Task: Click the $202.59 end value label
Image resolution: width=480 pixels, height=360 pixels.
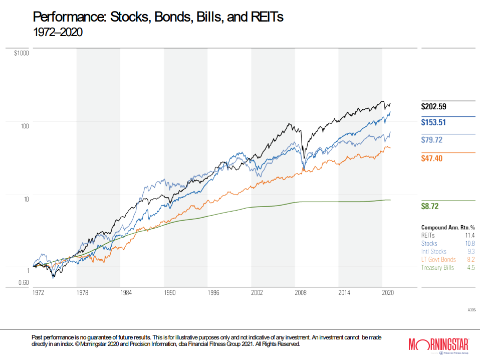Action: pos(433,106)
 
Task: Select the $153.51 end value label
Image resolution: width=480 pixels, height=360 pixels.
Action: pos(433,123)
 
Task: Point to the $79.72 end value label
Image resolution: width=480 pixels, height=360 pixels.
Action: pos(431,140)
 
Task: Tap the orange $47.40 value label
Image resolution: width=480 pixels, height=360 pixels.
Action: pos(431,158)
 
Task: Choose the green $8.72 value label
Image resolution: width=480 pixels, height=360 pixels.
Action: pos(429,206)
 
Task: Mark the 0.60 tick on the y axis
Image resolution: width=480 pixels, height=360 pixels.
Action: pos(23,282)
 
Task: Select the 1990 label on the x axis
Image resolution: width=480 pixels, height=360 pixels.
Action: pos(170,292)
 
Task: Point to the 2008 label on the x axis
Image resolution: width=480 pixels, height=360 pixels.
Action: pos(301,292)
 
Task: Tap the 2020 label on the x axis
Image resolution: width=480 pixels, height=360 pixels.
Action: pos(388,292)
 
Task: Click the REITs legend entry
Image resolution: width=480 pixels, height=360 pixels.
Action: pos(429,235)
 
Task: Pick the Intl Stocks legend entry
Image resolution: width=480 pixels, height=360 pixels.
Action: pos(434,251)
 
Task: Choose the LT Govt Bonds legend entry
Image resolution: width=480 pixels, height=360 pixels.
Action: pos(438,259)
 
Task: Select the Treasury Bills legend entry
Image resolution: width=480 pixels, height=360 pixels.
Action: pos(437,268)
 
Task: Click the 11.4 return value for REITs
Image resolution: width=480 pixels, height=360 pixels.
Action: pos(469,235)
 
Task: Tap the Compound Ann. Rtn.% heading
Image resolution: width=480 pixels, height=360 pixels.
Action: pos(447,227)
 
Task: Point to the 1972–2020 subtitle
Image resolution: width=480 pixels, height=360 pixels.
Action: pos(57,32)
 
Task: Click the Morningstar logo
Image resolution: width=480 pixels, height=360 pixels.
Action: pos(438,344)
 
